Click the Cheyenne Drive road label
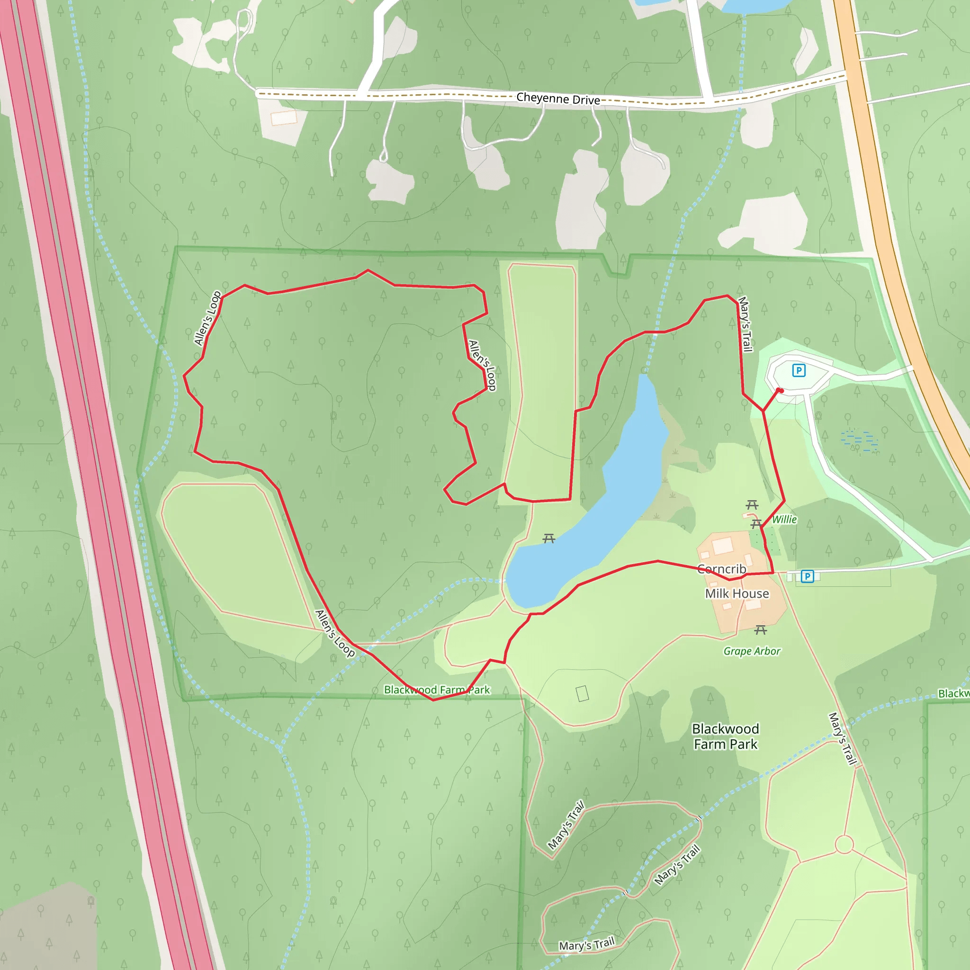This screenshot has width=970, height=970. pyautogui.click(x=558, y=99)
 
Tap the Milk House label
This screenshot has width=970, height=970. pyautogui.click(x=736, y=593)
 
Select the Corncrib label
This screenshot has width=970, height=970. pyautogui.click(x=721, y=569)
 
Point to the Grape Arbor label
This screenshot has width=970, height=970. pyautogui.click(x=752, y=651)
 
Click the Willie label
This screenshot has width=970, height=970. pyautogui.click(x=784, y=519)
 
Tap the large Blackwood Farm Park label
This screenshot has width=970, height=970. pyautogui.click(x=726, y=736)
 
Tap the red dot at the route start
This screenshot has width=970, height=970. pyautogui.click(x=780, y=390)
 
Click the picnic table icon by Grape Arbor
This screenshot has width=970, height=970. pyautogui.click(x=761, y=629)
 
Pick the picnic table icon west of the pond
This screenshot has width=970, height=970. pyautogui.click(x=549, y=539)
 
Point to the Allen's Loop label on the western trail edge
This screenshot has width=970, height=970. pyautogui.click(x=208, y=318)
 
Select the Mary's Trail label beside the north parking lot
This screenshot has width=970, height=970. pyautogui.click(x=745, y=324)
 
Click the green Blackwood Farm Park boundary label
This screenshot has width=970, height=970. pyautogui.click(x=436, y=690)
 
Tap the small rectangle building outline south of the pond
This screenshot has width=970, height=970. pyautogui.click(x=583, y=693)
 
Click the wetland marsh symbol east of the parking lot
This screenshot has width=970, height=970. pyautogui.click(x=860, y=440)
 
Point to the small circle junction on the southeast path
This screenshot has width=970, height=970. pyautogui.click(x=844, y=844)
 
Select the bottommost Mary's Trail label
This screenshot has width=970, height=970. pyautogui.click(x=586, y=944)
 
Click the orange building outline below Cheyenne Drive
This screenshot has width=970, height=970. pyautogui.click(x=284, y=117)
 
